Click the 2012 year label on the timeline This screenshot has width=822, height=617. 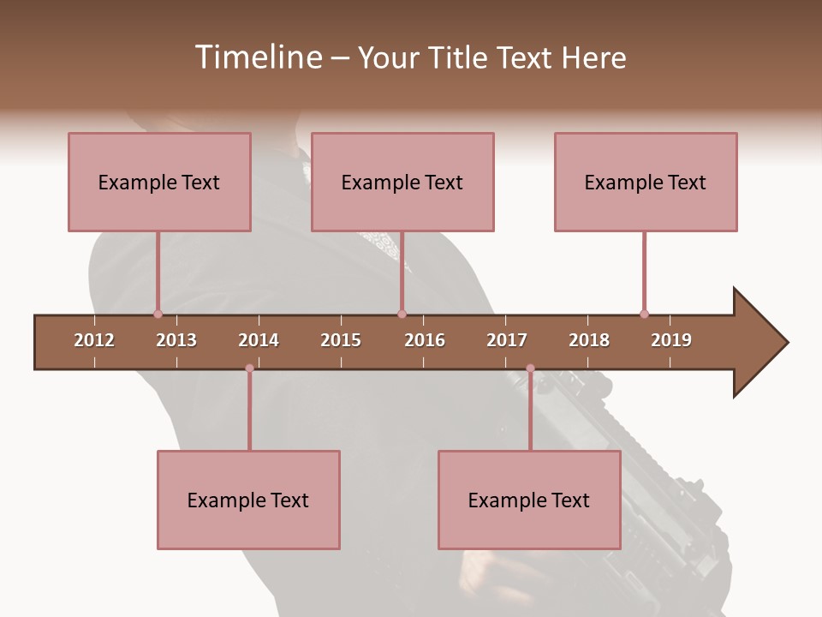point(94,340)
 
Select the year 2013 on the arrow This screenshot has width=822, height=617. point(176,340)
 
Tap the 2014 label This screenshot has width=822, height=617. point(259,340)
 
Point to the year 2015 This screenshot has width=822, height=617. point(341,340)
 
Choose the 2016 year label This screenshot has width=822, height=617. point(425,340)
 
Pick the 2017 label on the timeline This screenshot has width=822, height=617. point(507,340)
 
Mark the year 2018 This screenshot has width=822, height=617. point(589,340)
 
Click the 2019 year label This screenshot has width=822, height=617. point(671,340)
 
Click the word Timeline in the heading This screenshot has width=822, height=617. point(258,57)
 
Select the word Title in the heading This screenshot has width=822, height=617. point(458,57)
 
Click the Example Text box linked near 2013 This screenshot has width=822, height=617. point(159,182)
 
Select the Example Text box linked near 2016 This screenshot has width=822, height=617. point(402,182)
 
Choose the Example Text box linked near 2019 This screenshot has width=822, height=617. point(646,182)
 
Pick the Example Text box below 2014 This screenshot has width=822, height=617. point(248,500)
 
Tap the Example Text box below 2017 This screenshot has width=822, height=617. point(529,500)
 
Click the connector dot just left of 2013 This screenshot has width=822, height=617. point(158,314)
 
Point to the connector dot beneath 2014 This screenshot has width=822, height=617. point(249,368)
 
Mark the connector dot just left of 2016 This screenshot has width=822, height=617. point(402,314)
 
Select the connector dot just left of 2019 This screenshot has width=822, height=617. point(644,314)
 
